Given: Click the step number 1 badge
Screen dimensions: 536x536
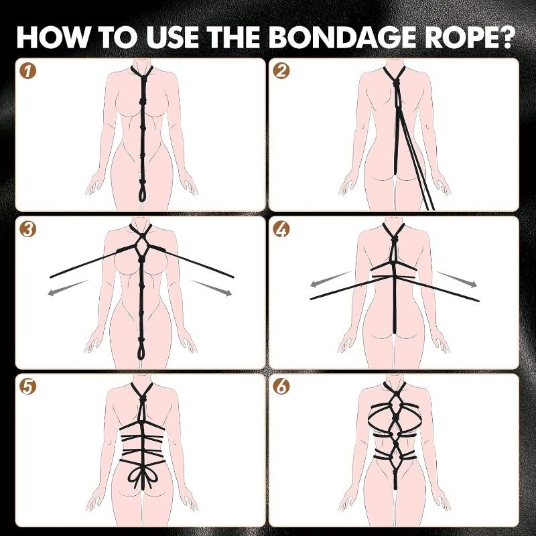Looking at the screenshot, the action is tap(28, 71).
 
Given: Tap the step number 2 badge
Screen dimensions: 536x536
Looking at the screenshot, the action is tap(281, 71).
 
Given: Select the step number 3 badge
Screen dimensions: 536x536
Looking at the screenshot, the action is tap(28, 229).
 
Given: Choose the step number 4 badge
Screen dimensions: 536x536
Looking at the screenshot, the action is tap(281, 229).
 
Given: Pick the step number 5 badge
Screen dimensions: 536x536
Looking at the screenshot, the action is tap(28, 387).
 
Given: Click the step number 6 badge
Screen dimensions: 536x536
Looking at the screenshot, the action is tap(281, 387).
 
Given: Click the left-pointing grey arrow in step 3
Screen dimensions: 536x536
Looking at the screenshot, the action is tap(68, 288).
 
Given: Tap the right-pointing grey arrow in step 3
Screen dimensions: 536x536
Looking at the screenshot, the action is tap(212, 288).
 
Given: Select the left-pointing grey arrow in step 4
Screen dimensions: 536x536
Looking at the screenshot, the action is tap(331, 279).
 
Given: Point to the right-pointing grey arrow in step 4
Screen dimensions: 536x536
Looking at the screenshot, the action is tap(457, 279).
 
